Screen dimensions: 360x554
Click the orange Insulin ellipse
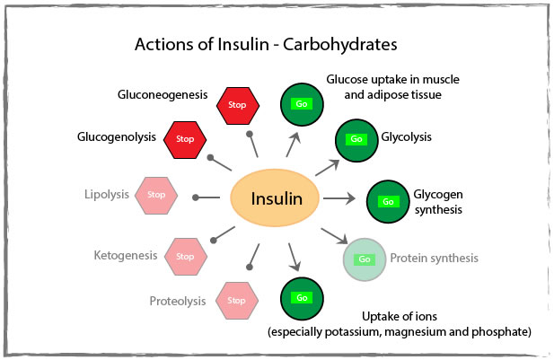click(x=276, y=198)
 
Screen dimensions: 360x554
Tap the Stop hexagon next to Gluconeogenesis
click(x=238, y=106)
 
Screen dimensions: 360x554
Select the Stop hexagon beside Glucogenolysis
click(x=185, y=139)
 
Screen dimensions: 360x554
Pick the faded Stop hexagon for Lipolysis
click(x=156, y=194)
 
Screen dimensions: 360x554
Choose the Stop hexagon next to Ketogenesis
click(x=185, y=256)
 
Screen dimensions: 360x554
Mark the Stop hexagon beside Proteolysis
click(x=237, y=300)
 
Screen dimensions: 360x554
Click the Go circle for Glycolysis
click(x=356, y=139)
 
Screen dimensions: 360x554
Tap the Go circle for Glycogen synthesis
click(x=388, y=201)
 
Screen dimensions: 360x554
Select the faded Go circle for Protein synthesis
click(x=365, y=259)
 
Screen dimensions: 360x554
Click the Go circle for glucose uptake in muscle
click(x=303, y=105)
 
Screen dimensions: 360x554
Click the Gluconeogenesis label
click(x=163, y=93)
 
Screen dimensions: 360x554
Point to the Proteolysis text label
click(x=179, y=300)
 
